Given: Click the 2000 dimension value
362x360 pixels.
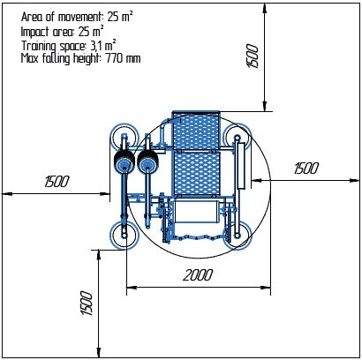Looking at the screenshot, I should click(x=199, y=274).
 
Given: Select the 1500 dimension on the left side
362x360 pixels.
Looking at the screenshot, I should click(x=56, y=182).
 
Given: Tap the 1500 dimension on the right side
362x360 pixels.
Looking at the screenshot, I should click(x=305, y=169).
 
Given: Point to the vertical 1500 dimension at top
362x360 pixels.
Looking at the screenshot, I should click(x=253, y=57).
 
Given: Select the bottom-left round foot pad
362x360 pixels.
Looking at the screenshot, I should click(x=122, y=234).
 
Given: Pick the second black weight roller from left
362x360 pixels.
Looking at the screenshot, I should click(x=146, y=163).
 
